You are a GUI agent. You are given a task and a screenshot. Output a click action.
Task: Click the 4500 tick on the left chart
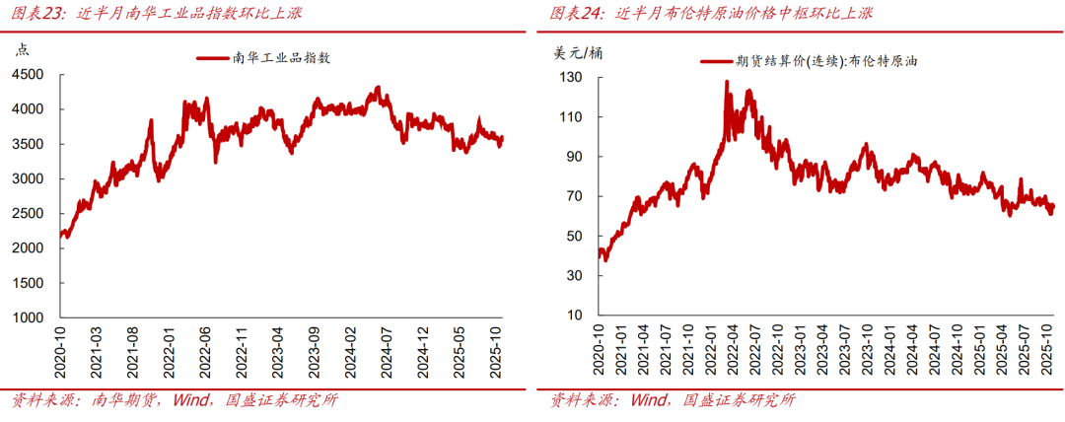(26, 75)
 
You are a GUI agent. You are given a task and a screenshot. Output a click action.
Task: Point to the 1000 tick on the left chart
(26, 317)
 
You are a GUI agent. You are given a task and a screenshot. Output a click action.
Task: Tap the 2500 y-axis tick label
(26, 214)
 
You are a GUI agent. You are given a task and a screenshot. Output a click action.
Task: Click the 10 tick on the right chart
(576, 316)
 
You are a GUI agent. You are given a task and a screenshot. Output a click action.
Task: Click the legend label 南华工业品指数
(280, 58)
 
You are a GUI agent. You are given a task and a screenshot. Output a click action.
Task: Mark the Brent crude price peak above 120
(727, 83)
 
